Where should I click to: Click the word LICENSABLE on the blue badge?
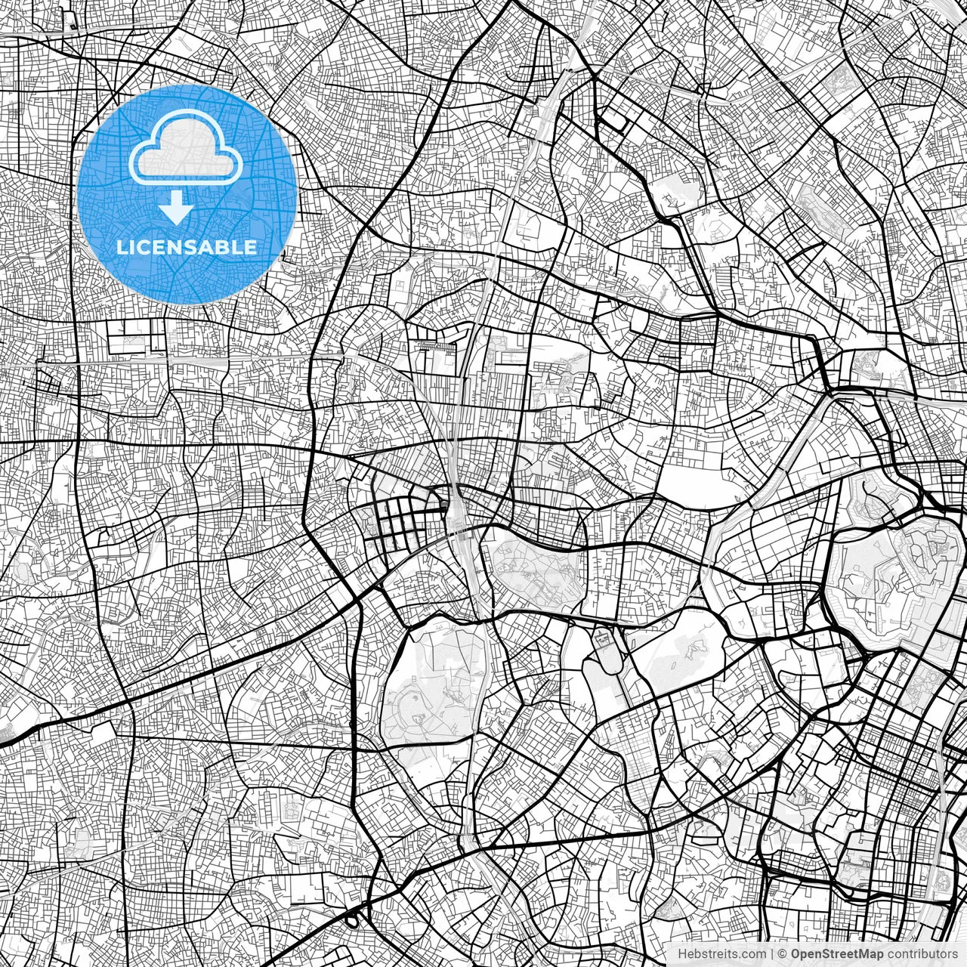point(187,247)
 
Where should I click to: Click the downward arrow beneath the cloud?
point(177,207)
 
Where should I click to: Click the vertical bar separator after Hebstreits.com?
point(771,954)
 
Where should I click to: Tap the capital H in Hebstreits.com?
point(681,954)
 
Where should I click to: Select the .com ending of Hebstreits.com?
point(752,954)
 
